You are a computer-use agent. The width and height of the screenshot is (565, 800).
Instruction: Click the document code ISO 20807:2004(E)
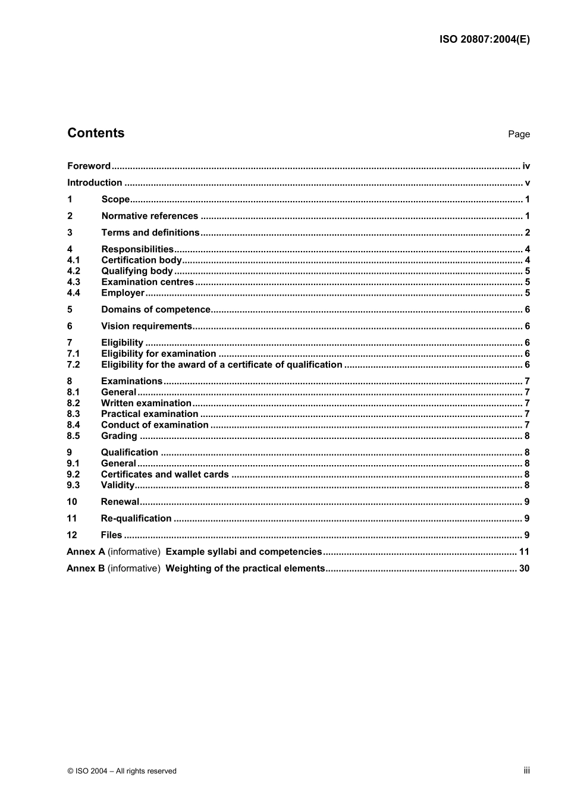click(x=484, y=40)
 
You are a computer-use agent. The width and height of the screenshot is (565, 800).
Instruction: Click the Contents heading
click(x=96, y=133)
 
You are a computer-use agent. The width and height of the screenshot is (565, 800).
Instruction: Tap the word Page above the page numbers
click(x=519, y=134)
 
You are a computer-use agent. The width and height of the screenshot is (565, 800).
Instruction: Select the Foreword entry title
click(x=89, y=166)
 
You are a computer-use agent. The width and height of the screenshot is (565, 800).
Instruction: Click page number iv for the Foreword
click(x=526, y=166)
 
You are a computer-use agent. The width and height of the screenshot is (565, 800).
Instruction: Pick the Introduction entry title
click(x=95, y=183)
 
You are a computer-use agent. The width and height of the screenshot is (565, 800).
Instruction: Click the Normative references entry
click(x=149, y=216)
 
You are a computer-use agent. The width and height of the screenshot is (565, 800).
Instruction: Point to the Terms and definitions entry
click(x=150, y=233)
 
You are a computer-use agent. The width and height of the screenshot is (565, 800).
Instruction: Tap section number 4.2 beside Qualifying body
click(x=73, y=271)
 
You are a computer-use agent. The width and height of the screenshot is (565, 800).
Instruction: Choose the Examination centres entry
click(x=147, y=282)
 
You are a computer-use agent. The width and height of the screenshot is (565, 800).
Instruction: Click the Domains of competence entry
click(x=156, y=309)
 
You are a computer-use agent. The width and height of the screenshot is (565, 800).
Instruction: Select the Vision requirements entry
click(x=146, y=326)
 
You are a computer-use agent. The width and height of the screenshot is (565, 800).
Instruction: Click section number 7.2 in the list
click(x=73, y=365)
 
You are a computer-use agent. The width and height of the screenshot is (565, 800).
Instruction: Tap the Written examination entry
click(x=146, y=403)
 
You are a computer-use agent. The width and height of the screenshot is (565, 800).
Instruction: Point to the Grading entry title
click(x=119, y=436)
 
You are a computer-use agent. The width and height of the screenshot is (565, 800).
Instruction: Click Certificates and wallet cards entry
click(x=165, y=475)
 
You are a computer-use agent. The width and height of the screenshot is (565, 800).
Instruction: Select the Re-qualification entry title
click(x=136, y=519)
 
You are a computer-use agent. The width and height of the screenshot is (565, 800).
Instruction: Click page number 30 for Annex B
click(x=524, y=569)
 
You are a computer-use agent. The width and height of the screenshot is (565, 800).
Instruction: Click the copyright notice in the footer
click(x=122, y=771)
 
